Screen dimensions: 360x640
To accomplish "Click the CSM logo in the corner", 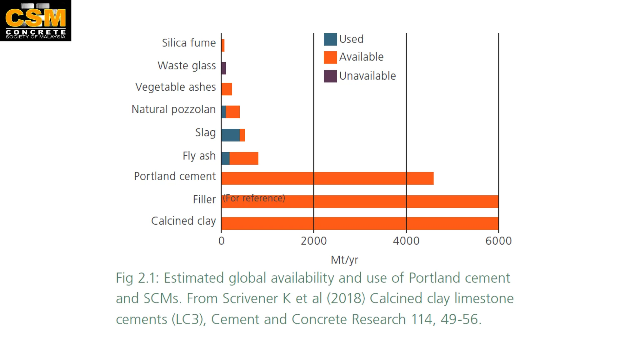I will click(x=36, y=20).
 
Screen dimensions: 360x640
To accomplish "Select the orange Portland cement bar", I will click(x=327, y=178).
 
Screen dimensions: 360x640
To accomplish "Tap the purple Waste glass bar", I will click(x=223, y=68).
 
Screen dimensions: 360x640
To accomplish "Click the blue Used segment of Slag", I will click(x=230, y=135).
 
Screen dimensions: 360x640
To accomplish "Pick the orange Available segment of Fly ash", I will click(x=244, y=158).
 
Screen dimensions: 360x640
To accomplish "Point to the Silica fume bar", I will click(x=223, y=46).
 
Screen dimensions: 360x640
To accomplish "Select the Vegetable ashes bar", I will click(x=227, y=89).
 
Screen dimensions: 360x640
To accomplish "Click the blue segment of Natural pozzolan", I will click(x=223, y=112).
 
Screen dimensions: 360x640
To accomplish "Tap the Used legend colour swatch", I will click(x=330, y=39).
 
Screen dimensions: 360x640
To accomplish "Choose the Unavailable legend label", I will click(x=367, y=76).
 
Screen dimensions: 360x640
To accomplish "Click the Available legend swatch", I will click(x=330, y=57).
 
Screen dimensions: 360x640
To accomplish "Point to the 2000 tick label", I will click(x=314, y=241).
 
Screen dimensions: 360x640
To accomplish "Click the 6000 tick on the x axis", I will click(x=498, y=241).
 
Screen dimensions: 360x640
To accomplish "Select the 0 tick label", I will click(x=222, y=241).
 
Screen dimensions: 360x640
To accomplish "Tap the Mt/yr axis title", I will click(x=344, y=260).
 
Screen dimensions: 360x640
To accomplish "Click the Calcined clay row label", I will click(x=183, y=221).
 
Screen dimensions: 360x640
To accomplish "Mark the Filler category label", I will click(x=204, y=199).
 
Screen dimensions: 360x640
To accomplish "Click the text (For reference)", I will click(x=254, y=198).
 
